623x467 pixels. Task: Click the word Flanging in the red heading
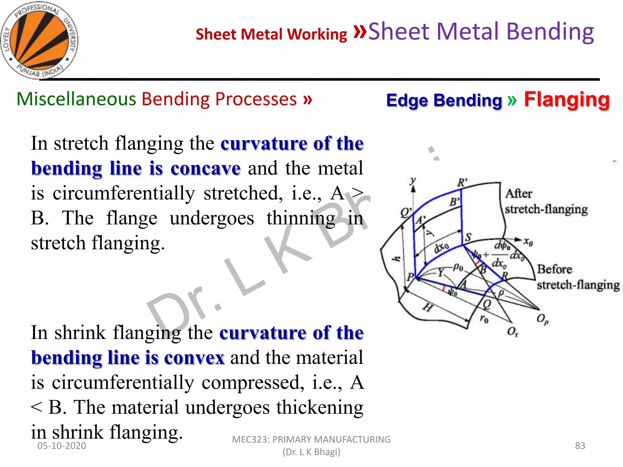[x=567, y=99]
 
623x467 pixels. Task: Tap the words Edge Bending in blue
[x=444, y=100]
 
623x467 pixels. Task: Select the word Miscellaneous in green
[x=76, y=99]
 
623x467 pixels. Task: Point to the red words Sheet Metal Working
[x=271, y=34]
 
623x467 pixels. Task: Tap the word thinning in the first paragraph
[x=301, y=218]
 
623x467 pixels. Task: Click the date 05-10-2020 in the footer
[x=62, y=446]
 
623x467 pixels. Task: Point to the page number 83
[x=580, y=446]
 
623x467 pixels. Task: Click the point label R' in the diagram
[x=462, y=183]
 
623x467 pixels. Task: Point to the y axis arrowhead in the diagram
[x=413, y=189]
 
